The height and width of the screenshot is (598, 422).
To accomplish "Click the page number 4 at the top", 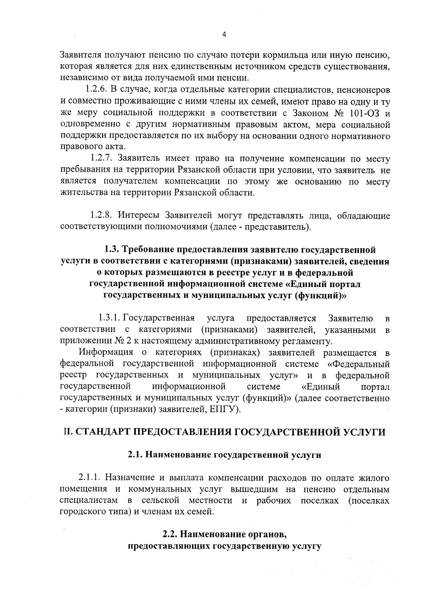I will tap(225, 34).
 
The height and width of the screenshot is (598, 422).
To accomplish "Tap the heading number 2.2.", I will tap(170, 534).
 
